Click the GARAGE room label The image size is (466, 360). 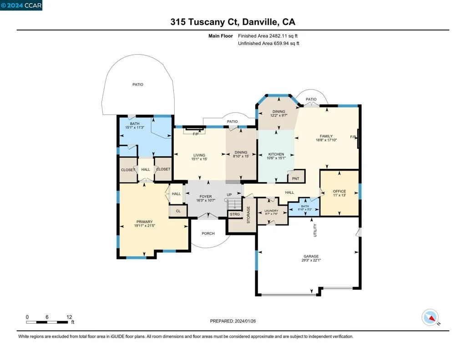point(311,256)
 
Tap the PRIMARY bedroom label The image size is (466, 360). point(144,222)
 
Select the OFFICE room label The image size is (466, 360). point(339,192)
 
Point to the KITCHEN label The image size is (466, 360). point(276,154)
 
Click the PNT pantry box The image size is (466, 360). point(296,177)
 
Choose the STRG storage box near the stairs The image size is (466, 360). point(235,214)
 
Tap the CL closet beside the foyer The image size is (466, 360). point(178,211)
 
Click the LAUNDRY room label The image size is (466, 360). point(271,211)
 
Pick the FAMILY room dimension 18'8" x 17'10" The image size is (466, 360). point(326,140)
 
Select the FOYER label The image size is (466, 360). point(206,197)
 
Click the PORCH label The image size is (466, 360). point(208,233)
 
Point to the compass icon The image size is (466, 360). point(430,317)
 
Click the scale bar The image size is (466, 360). point(47,322)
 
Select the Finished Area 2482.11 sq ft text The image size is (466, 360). point(268,36)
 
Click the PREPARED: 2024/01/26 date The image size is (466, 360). point(233,321)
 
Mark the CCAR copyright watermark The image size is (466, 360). point(21,5)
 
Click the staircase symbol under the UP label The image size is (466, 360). point(234,204)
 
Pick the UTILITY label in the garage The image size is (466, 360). point(315,230)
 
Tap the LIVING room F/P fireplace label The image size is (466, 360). point(196,134)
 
